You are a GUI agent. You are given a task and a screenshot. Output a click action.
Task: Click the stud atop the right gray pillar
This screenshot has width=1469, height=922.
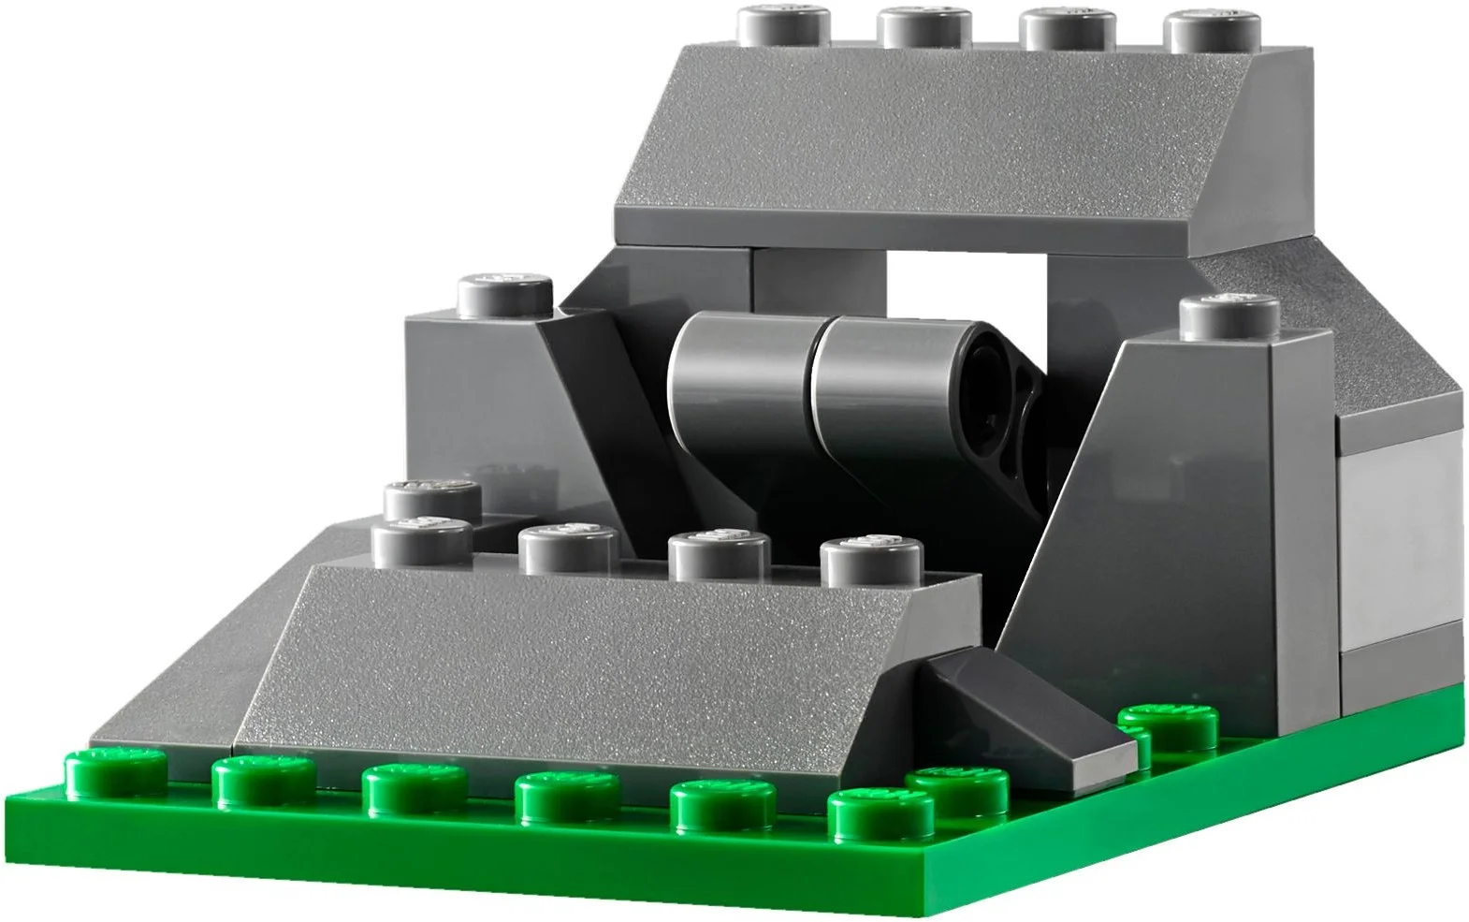tap(1229, 316)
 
